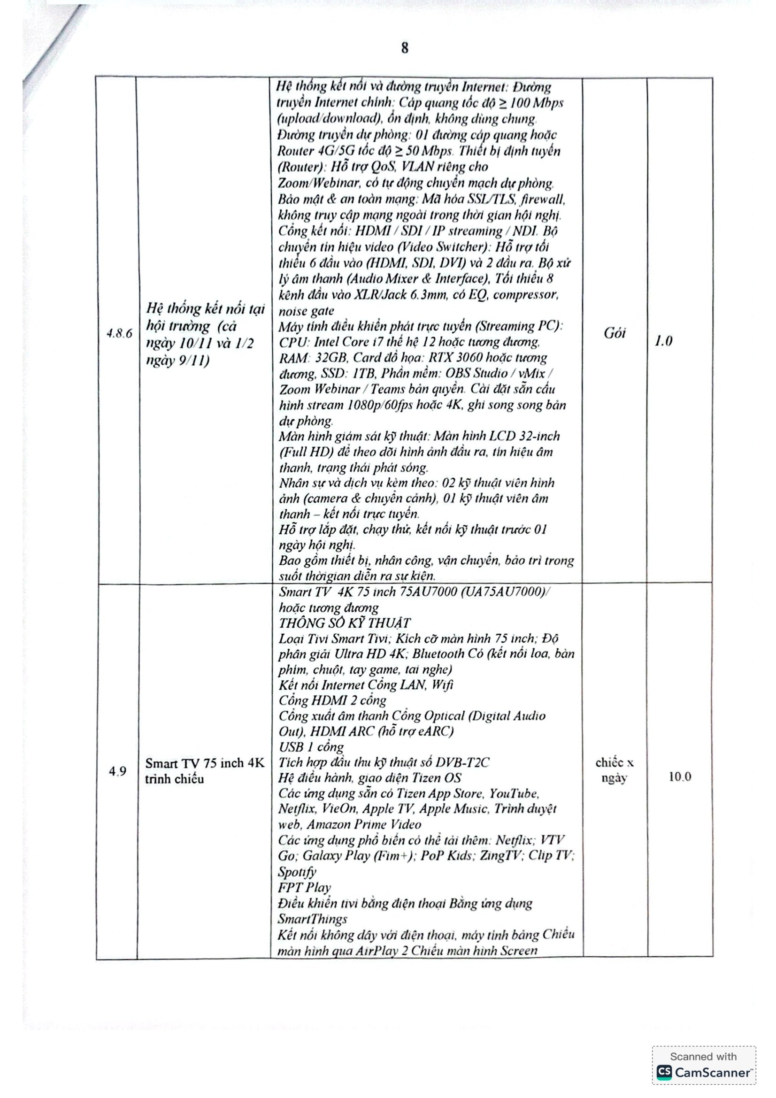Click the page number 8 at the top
405,48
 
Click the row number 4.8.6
119,333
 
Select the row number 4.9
118,771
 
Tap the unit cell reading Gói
615,333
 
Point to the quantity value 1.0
663,340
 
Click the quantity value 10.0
679,776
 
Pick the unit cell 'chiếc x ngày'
614,770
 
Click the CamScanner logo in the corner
703,1072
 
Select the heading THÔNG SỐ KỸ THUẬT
344,623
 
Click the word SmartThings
313,919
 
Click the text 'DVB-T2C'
463,762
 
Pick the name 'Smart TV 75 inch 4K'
205,763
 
